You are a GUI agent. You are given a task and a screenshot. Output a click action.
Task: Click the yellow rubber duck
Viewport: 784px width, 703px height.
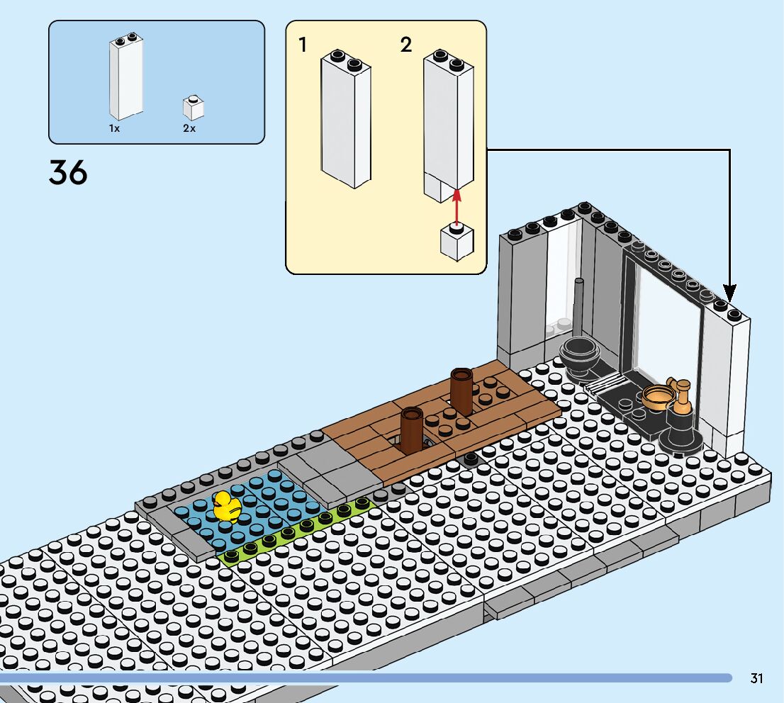click(x=227, y=507)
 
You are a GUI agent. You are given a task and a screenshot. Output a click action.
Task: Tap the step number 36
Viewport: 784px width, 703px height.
click(x=68, y=173)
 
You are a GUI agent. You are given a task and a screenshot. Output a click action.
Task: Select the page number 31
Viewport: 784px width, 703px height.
click(x=756, y=678)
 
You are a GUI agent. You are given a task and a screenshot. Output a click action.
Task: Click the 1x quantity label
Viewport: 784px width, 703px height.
click(x=114, y=129)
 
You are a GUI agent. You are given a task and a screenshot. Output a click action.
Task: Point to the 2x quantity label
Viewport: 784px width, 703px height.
click(x=189, y=129)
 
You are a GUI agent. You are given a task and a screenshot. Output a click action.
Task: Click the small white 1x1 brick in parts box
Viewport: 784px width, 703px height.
click(x=193, y=108)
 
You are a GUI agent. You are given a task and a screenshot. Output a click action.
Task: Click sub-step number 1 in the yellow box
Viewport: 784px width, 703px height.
click(x=303, y=45)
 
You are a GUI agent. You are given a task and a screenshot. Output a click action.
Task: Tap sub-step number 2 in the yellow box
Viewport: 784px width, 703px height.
click(x=405, y=45)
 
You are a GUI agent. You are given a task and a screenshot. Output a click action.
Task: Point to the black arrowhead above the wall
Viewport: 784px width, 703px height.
click(x=729, y=291)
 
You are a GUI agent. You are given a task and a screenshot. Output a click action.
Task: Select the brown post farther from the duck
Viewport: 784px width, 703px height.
click(x=461, y=390)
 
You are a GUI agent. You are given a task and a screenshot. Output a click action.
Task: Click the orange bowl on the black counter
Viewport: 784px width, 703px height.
click(x=658, y=397)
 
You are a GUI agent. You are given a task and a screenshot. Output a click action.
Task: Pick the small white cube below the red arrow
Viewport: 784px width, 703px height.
click(x=457, y=241)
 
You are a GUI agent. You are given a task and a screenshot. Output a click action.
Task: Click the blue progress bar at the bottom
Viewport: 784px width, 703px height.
click(x=365, y=678)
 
